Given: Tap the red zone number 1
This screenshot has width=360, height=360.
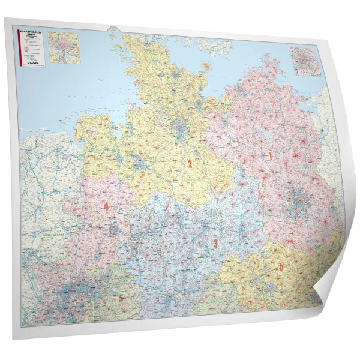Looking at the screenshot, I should [270, 155].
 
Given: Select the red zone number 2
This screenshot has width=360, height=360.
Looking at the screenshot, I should [190, 163].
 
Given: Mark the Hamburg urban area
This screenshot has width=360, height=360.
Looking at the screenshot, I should [179, 128].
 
